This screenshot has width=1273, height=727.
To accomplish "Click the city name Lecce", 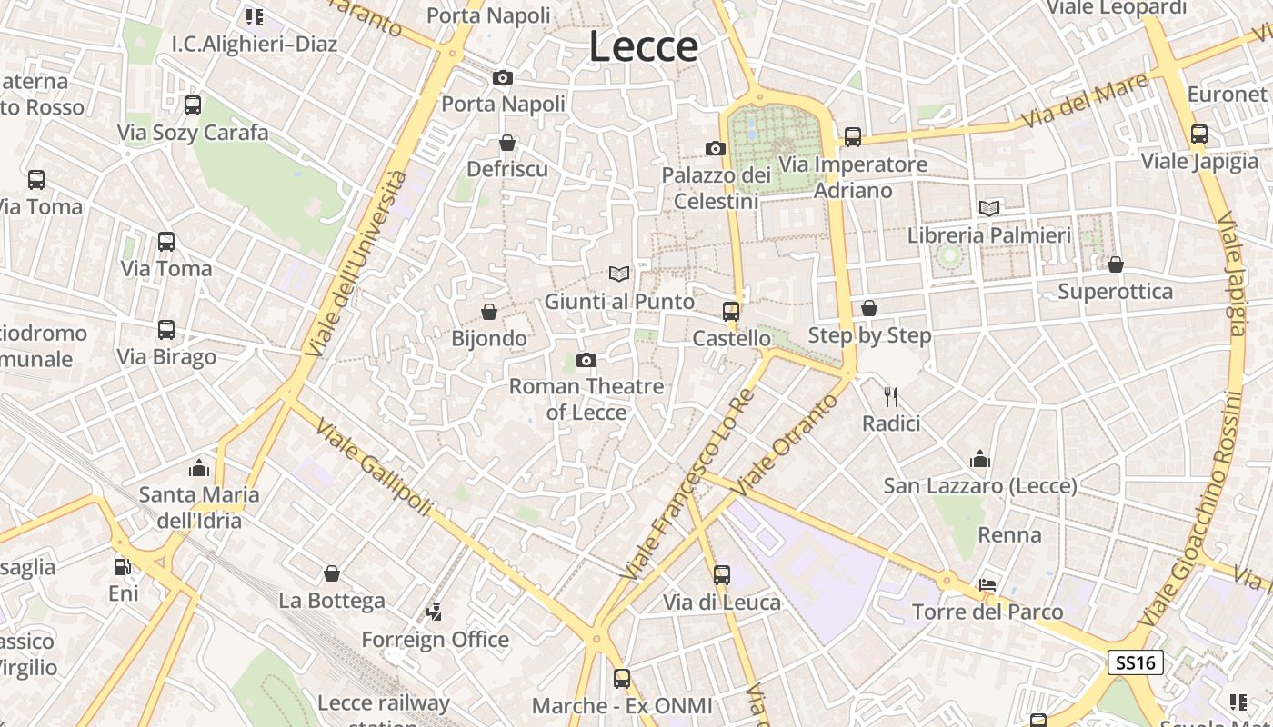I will pyautogui.click(x=643, y=46).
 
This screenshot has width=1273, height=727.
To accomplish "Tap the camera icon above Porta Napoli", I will pyautogui.click(x=503, y=78).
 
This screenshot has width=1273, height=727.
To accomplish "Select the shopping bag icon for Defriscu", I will pyautogui.click(x=507, y=143).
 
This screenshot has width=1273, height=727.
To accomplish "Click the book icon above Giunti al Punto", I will pyautogui.click(x=619, y=274).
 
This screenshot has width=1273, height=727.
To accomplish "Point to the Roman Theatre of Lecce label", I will pyautogui.click(x=586, y=399).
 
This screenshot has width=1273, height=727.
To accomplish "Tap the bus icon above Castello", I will pyautogui.click(x=731, y=312).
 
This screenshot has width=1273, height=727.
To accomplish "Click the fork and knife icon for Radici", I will pyautogui.click(x=891, y=397).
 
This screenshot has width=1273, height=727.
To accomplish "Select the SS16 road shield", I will pyautogui.click(x=1136, y=662).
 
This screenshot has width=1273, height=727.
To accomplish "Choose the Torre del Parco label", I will pyautogui.click(x=987, y=612).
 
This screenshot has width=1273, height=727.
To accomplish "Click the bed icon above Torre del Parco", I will pyautogui.click(x=988, y=585).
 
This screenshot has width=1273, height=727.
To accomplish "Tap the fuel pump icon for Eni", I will pyautogui.click(x=123, y=567).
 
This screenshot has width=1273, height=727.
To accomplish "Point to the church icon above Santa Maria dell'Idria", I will pyautogui.click(x=199, y=468).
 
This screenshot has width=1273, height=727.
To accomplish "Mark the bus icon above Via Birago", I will pyautogui.click(x=166, y=330).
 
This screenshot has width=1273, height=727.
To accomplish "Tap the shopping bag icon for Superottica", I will pyautogui.click(x=1116, y=264).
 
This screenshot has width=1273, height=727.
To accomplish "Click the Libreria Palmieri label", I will pyautogui.click(x=989, y=235).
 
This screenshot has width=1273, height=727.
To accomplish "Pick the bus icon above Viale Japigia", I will pyautogui.click(x=1199, y=134).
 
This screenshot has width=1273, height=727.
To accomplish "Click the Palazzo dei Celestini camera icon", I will pyautogui.click(x=716, y=148).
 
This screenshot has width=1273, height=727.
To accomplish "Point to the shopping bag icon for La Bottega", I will pyautogui.click(x=332, y=574).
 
